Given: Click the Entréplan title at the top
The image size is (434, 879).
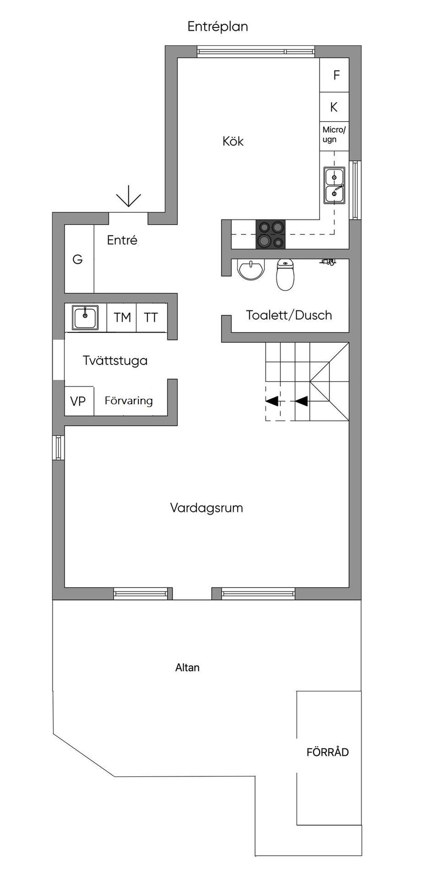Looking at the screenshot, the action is click(217, 27).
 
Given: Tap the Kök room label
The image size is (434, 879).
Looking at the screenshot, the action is click(233, 141).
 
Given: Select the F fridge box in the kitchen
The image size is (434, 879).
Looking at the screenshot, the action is click(334, 75).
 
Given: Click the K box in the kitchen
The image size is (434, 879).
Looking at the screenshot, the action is click(334, 107).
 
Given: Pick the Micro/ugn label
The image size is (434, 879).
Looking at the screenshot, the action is click(334, 134).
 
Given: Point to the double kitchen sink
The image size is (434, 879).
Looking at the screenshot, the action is click(334, 185).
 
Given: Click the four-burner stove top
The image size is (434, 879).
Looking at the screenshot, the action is click(271, 234).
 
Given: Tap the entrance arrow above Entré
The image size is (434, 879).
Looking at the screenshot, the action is click(128, 197).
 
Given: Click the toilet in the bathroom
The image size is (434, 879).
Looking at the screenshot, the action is click(285, 274).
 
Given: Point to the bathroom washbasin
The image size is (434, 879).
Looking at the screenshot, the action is click(251, 270).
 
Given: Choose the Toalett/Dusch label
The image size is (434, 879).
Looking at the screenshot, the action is click(289, 315).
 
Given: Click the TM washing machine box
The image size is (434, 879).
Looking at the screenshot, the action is click(122, 317).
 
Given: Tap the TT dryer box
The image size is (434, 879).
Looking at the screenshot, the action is click(151, 317).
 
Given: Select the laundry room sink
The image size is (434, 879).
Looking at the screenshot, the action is click(85, 317).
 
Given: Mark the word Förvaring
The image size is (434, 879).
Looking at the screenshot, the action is click(128, 401).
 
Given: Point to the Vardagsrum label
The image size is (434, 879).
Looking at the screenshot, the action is click(206, 508).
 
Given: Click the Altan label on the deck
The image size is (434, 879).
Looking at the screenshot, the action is click(187, 668).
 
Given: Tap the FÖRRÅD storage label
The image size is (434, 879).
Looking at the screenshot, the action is click(328, 752).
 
